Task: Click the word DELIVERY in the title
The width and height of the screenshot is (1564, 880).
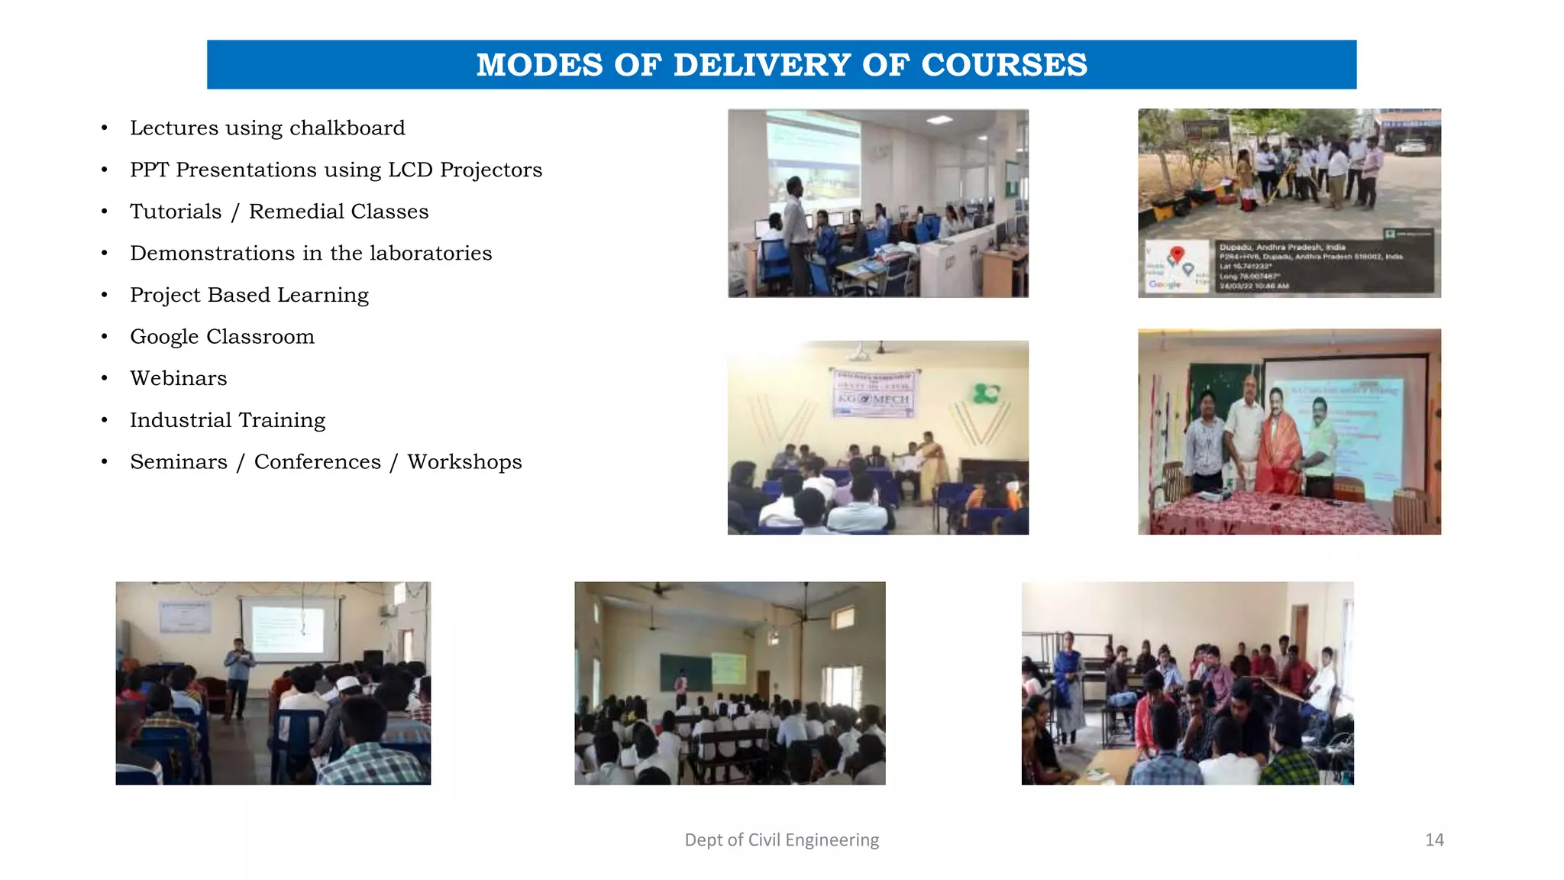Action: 761,65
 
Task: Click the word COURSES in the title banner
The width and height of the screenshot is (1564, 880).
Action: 1004,65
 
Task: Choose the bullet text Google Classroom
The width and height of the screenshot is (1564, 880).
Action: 221,337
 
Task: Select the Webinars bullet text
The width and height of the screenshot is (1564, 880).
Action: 178,378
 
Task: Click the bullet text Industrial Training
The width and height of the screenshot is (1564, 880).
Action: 227,420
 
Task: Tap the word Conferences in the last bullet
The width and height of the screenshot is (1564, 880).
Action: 317,462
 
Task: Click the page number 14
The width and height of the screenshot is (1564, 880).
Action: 1434,840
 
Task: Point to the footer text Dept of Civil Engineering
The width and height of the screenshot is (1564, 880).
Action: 781,840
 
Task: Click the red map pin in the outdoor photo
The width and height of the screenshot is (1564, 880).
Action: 1177,254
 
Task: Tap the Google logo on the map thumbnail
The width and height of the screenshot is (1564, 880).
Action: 1164,284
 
